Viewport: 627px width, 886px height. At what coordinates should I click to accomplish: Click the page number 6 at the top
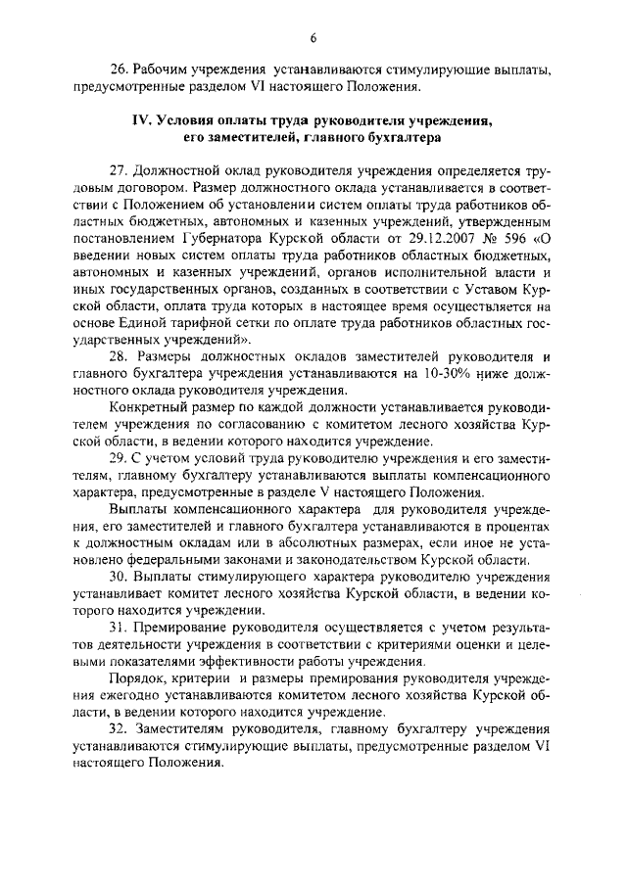point(313,38)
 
